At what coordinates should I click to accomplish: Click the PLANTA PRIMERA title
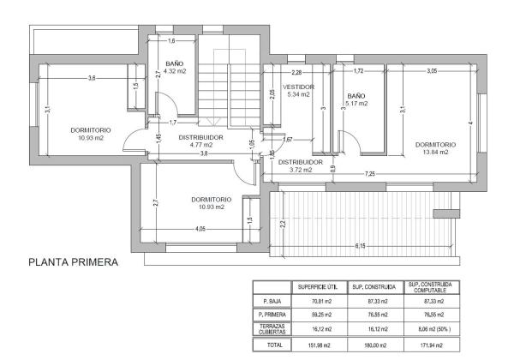tap(73, 262)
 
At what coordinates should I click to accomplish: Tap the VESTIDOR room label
tap(299, 87)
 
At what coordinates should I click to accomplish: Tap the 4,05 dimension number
tap(200, 228)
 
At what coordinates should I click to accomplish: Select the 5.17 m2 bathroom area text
tap(356, 104)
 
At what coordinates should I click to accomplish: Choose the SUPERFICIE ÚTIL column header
tap(317, 286)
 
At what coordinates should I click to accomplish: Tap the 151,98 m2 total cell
tap(317, 344)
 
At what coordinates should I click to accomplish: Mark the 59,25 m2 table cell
tap(317, 315)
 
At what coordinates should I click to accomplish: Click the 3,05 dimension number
tap(432, 70)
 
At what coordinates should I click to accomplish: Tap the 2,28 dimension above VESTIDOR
tap(297, 73)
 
